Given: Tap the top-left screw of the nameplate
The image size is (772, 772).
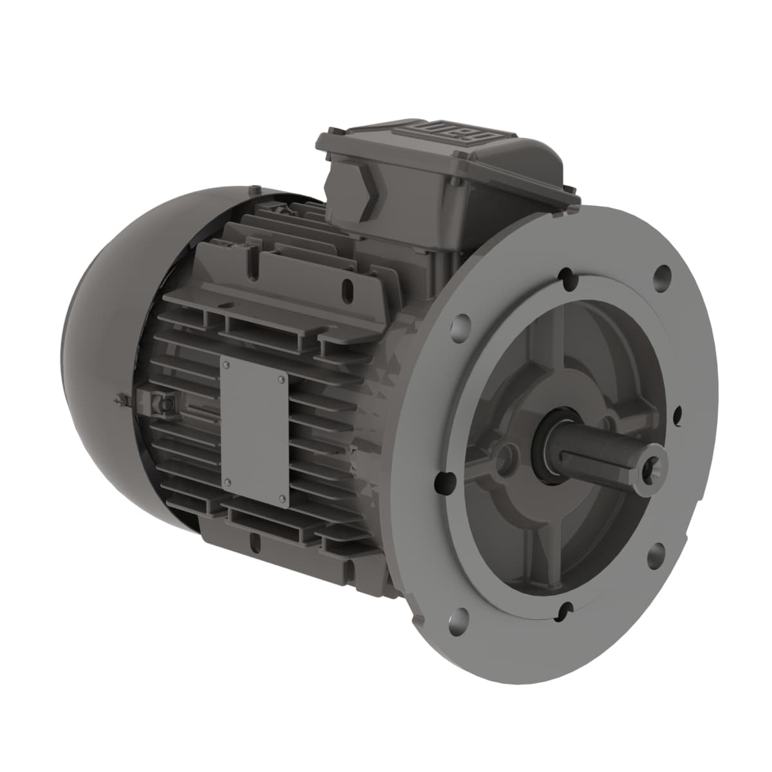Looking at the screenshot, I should (x=226, y=366).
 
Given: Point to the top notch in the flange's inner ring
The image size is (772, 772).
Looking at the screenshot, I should (x=565, y=278).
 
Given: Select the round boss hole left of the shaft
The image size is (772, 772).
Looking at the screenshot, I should (x=508, y=458).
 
